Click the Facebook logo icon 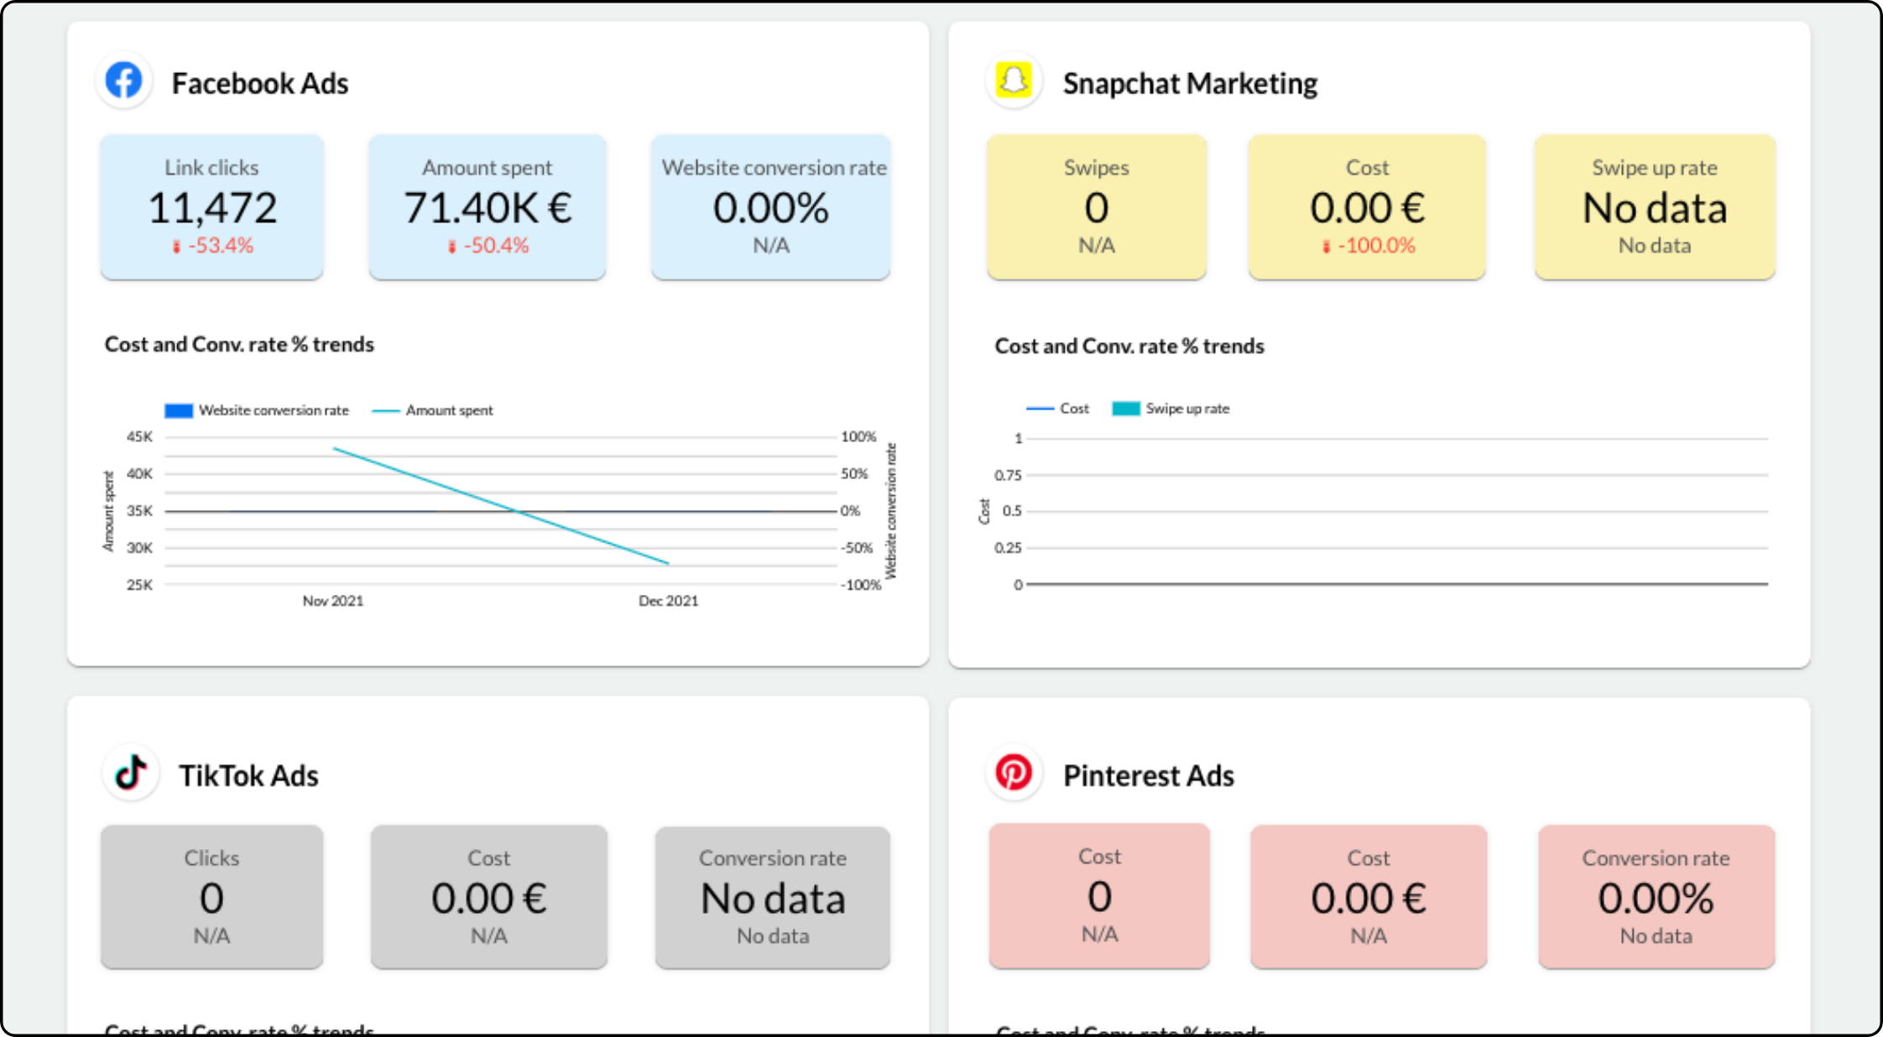(x=124, y=81)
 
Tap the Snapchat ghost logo (x=1014, y=81)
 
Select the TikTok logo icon (x=131, y=772)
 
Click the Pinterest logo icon (x=1014, y=772)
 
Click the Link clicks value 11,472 (x=212, y=208)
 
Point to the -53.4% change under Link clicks (x=220, y=246)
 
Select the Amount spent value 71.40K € (x=488, y=208)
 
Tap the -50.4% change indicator (x=495, y=246)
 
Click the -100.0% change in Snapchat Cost (x=1375, y=246)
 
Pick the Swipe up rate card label (x=1654, y=168)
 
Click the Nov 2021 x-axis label (x=333, y=601)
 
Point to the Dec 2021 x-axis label (x=668, y=601)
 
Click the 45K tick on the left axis (x=139, y=436)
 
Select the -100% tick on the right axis (x=861, y=585)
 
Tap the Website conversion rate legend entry (x=273, y=410)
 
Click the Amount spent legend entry (x=449, y=410)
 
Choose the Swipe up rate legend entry (x=1187, y=409)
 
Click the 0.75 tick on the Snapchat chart (x=1008, y=475)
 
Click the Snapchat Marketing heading (x=1190, y=84)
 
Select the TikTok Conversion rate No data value (x=773, y=899)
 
